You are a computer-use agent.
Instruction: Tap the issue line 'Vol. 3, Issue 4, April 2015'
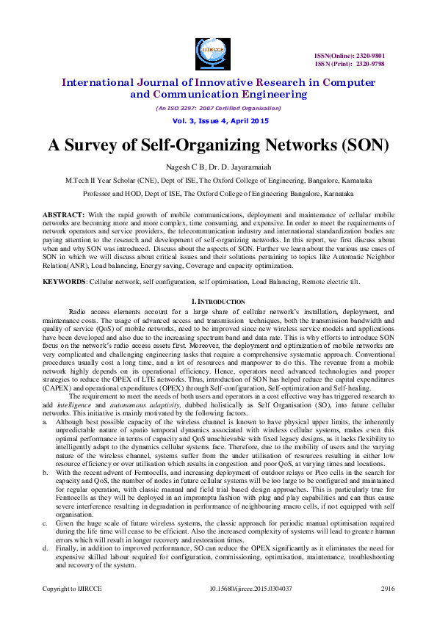coord(218,120)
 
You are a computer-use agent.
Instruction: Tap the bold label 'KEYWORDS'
coord(62,261)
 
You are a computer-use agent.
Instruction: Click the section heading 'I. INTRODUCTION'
coord(217,281)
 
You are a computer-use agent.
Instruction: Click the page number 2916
coord(387,609)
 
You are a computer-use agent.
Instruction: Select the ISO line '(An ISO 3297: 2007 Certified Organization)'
coord(218,108)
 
